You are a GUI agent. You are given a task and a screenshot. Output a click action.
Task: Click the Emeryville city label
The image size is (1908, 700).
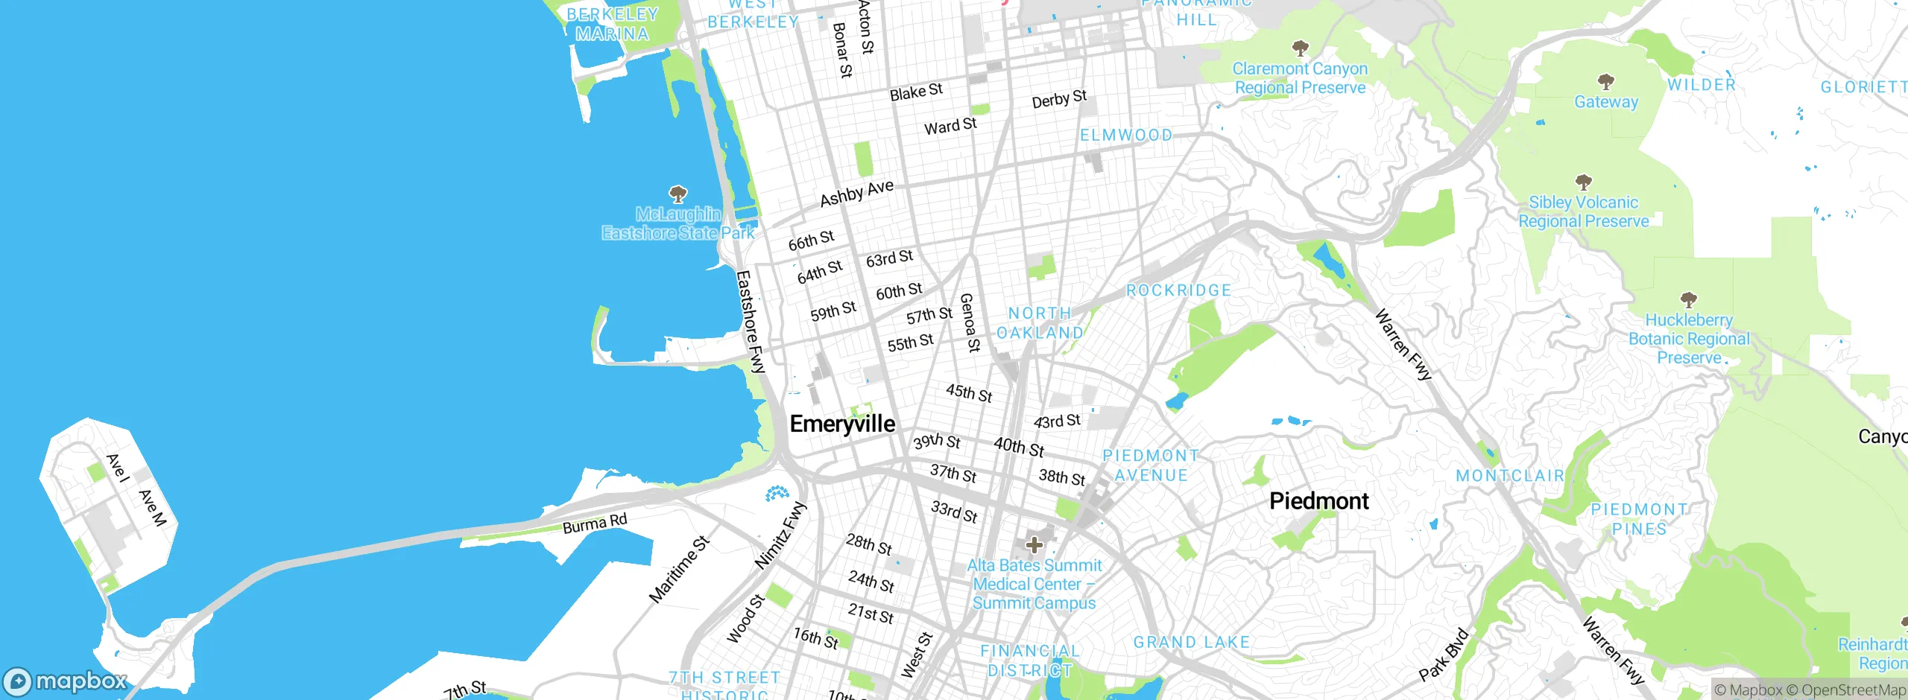[842, 424]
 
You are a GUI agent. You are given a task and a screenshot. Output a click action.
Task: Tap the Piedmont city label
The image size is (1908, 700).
[1318, 501]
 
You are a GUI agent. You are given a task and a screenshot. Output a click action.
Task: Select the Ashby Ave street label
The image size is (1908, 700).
[856, 194]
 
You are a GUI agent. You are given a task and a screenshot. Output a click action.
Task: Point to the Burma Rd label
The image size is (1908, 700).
[595, 524]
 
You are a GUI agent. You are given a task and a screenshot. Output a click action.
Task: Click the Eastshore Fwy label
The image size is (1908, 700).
[750, 321]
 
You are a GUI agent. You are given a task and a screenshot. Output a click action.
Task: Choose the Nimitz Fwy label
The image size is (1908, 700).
[780, 535]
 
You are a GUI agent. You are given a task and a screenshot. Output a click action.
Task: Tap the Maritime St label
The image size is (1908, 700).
[679, 569]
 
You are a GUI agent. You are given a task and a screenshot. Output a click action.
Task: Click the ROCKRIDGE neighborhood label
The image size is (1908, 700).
[1178, 290]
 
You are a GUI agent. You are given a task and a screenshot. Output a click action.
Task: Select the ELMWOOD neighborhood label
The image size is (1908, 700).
[1126, 136]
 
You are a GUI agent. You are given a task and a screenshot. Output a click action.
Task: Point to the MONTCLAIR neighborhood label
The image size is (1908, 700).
[1510, 476]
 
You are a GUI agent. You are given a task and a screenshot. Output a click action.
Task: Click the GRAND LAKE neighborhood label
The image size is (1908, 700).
[1191, 643]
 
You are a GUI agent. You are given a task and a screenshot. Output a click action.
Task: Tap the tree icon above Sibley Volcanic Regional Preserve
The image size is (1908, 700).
[1584, 182]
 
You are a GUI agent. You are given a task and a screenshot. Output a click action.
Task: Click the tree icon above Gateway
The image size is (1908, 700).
[1606, 81]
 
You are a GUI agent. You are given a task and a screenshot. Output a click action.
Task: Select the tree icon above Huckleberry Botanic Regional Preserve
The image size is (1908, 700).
[1689, 300]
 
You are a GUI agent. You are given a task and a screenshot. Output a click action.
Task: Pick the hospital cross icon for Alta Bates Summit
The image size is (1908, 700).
[1034, 545]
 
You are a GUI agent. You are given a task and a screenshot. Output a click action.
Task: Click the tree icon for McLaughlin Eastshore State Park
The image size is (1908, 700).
[677, 194]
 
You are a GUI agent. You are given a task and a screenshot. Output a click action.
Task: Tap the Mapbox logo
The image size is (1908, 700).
[66, 681]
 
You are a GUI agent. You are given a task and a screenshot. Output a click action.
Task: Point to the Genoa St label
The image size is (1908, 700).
[970, 322]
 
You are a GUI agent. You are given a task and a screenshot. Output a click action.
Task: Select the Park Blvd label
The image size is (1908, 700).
[1443, 655]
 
